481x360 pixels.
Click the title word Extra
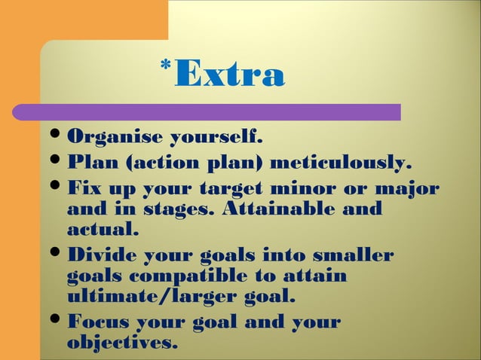tap(230, 75)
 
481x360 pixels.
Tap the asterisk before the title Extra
tap(165, 66)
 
